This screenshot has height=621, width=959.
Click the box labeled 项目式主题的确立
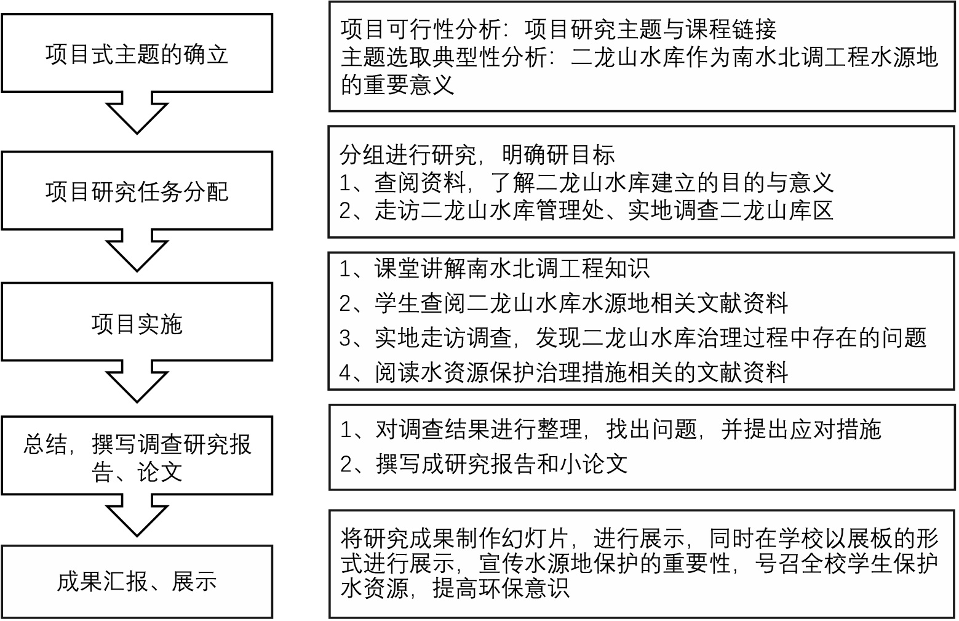point(137,54)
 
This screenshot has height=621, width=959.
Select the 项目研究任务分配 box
point(137,191)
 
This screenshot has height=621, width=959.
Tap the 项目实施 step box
point(137,323)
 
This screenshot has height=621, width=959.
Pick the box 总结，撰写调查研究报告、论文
point(137,457)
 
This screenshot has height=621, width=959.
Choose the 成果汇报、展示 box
point(137,580)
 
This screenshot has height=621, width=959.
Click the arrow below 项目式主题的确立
point(137,113)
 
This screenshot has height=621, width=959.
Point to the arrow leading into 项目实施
point(137,250)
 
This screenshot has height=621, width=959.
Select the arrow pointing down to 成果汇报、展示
point(137,515)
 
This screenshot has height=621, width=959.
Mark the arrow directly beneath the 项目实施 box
point(137,382)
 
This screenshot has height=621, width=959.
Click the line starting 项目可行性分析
point(558,29)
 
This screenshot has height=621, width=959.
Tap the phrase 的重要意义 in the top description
point(397,84)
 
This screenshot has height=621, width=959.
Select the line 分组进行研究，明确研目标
point(477,154)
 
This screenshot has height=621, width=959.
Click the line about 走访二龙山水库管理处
point(586,210)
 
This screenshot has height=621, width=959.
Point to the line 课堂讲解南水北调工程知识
point(494,268)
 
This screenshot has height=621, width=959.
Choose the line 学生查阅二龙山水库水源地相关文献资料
point(563,303)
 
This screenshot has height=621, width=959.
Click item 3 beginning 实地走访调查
point(632,337)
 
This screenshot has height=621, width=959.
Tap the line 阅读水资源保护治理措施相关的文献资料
point(563,372)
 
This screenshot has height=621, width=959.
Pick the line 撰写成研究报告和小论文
point(483,463)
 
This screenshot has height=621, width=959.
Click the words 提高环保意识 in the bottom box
point(501,589)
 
